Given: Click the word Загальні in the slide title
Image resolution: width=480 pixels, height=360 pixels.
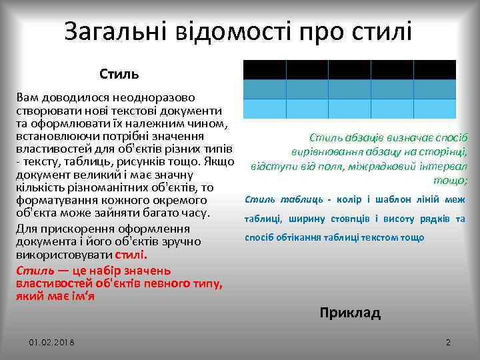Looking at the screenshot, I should coord(115,31).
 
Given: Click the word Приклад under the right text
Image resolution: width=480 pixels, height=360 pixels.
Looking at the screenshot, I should coord(350,313).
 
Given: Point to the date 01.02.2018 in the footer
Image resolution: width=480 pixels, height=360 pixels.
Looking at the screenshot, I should coord(52,342).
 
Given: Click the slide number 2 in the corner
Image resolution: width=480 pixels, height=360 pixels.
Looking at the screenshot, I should coord(448,342).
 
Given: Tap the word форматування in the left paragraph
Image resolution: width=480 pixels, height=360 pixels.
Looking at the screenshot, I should coord(56,201).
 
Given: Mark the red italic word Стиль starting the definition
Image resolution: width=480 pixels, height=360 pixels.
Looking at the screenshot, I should coord(31,271).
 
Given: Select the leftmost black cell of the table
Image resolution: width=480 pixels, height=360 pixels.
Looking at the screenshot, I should coord(264,69).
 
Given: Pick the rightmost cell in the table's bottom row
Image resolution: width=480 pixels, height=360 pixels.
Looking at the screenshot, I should coord(434,109).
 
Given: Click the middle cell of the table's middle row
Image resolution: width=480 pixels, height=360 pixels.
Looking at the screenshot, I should coord(349,89).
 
